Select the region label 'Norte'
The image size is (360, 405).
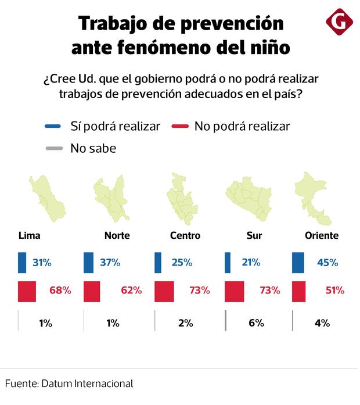pos(117,235)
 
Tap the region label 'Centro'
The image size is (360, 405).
pos(185,235)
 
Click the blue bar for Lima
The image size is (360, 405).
pos(22,263)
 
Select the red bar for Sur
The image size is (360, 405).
pos(234,291)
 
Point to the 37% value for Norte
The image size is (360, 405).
pos(110,263)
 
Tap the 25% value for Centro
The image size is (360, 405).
pos(182,263)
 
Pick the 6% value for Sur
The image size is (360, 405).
pos(256,323)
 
